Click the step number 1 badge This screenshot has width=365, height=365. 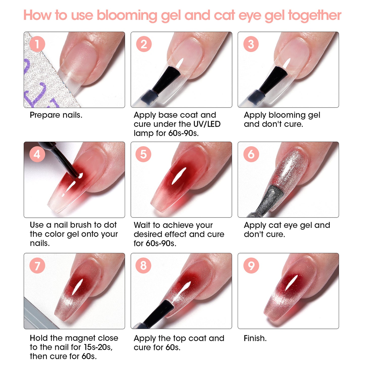click(x=37, y=44)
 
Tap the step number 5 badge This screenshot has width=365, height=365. click(x=143, y=154)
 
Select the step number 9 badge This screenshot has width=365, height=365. click(x=251, y=265)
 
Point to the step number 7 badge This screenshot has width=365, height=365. click(x=37, y=266)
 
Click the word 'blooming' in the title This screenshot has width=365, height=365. click(x=127, y=16)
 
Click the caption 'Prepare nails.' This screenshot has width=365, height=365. click(x=56, y=115)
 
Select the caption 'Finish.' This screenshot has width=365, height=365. click(x=255, y=338)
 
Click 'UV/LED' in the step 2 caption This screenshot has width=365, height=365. click(x=207, y=124)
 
